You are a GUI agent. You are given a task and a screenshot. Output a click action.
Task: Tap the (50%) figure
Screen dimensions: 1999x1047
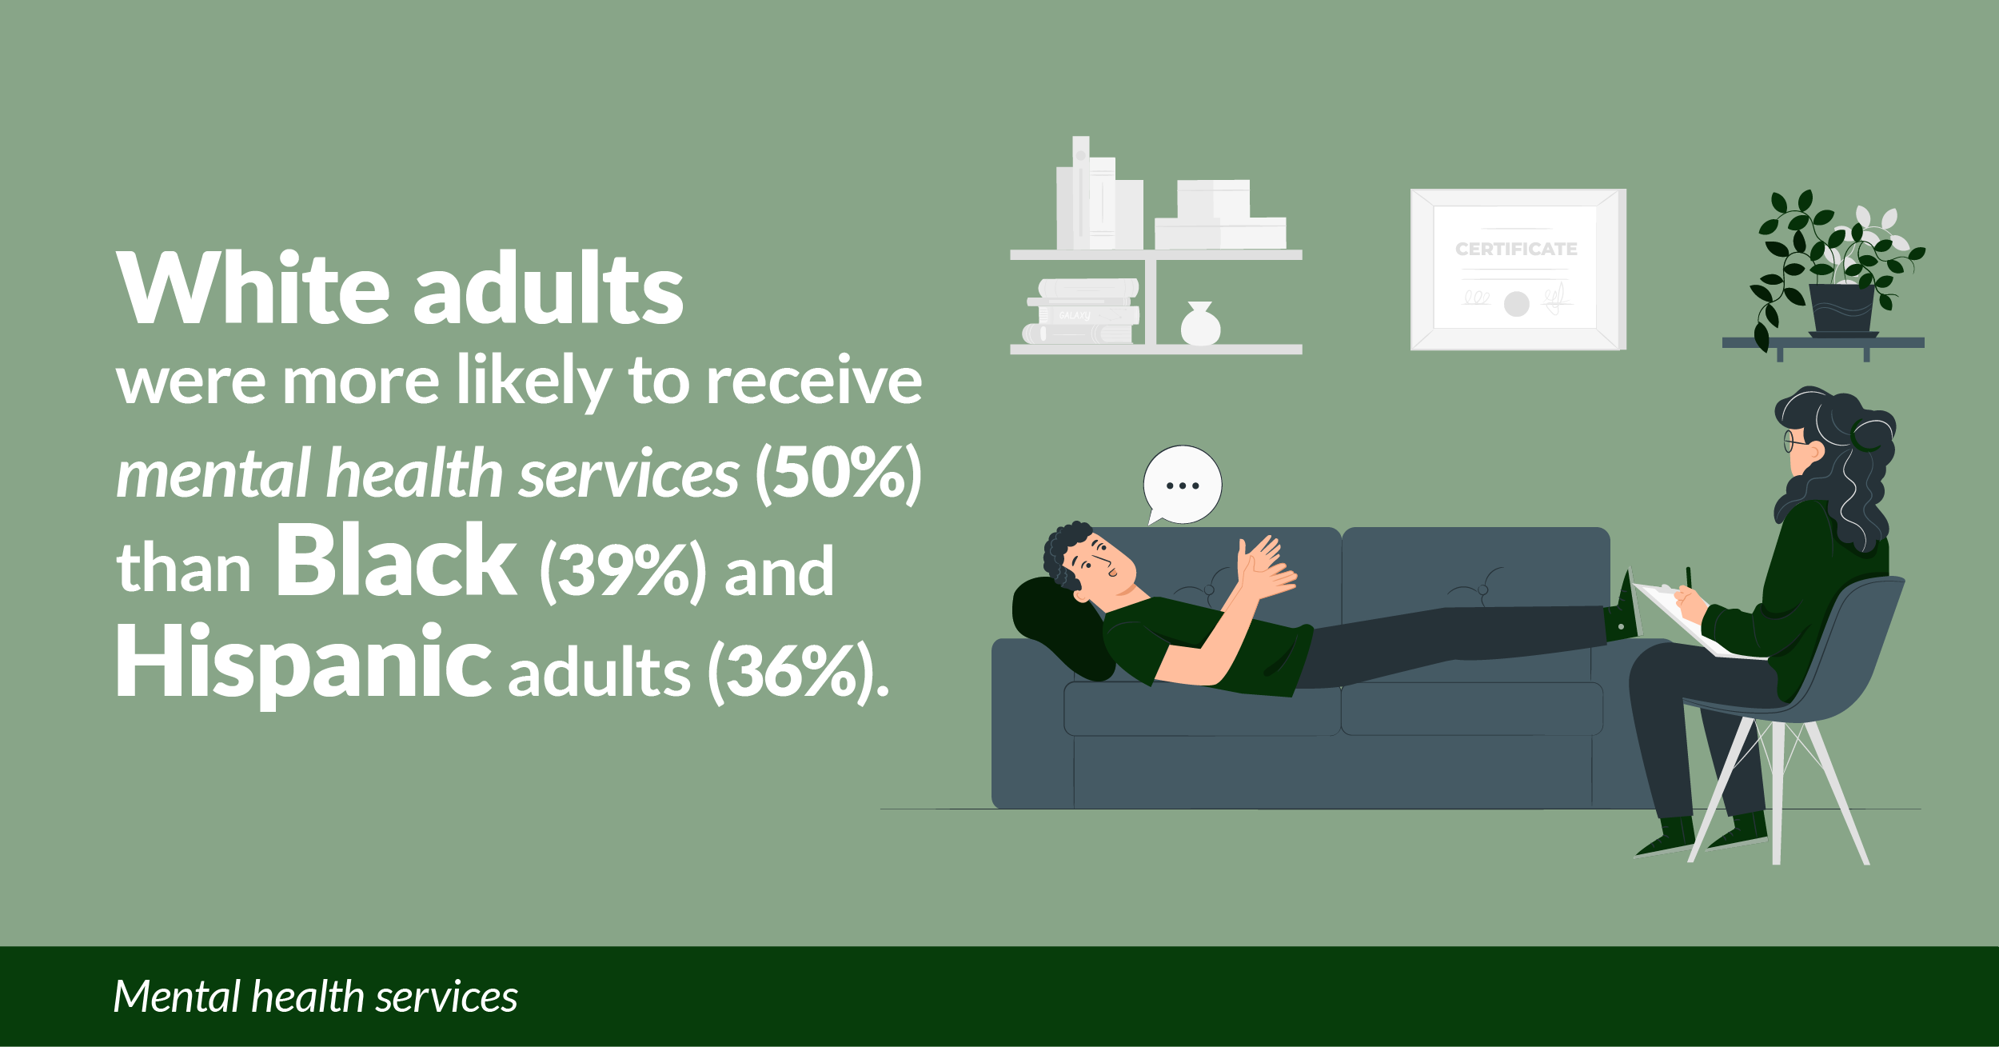click(x=839, y=474)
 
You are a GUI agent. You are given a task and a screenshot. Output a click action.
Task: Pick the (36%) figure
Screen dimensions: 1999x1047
click(x=793, y=673)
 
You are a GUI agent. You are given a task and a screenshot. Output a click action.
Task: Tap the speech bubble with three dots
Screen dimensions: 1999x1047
click(x=1182, y=486)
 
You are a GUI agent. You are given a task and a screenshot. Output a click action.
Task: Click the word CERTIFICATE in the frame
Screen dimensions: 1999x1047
click(x=1516, y=249)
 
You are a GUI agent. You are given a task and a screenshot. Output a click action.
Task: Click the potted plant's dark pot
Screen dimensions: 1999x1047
click(x=1841, y=310)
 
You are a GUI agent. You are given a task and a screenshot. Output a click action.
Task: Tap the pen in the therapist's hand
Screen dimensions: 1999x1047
click(x=1689, y=578)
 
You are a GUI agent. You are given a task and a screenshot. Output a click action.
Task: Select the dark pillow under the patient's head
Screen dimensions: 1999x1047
click(x=1059, y=629)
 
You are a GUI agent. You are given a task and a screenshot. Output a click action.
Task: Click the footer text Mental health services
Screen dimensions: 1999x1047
click(x=316, y=997)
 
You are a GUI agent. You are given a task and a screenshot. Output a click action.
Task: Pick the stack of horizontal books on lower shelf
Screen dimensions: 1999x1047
click(x=1082, y=311)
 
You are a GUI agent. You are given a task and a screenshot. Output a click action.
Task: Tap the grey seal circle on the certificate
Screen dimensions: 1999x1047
click(x=1516, y=304)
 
